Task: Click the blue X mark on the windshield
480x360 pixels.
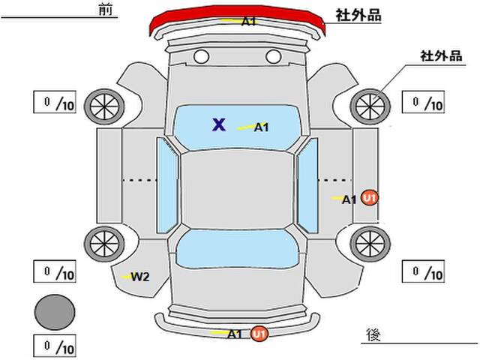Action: pyautogui.click(x=219, y=124)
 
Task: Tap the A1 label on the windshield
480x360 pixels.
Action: pyautogui.click(x=261, y=127)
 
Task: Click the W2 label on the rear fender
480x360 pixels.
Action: pyautogui.click(x=140, y=277)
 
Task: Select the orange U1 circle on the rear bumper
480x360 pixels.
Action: pyautogui.click(x=259, y=333)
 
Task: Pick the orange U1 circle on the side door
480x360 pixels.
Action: pyautogui.click(x=370, y=198)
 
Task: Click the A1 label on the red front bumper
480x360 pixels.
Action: pyautogui.click(x=248, y=22)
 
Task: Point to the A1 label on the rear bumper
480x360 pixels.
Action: pyautogui.click(x=235, y=334)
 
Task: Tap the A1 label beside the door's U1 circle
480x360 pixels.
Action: pyautogui.click(x=349, y=200)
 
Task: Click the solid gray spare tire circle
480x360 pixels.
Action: pyautogui.click(x=55, y=312)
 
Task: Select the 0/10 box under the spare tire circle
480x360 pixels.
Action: pyautogui.click(x=55, y=346)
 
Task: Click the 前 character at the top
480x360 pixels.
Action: pyautogui.click(x=106, y=10)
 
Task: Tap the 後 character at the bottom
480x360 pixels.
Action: pyautogui.click(x=373, y=335)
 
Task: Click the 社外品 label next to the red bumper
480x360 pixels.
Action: pyautogui.click(x=358, y=15)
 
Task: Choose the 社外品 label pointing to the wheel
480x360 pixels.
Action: pyautogui.click(x=441, y=56)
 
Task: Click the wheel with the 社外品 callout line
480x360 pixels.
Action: pyautogui.click(x=370, y=106)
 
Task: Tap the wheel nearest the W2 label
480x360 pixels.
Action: pyautogui.click(x=104, y=244)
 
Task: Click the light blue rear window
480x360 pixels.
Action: pyautogui.click(x=238, y=249)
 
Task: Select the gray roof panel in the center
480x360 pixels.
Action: pyautogui.click(x=238, y=189)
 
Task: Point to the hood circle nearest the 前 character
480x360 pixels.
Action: pyautogui.click(x=202, y=57)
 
